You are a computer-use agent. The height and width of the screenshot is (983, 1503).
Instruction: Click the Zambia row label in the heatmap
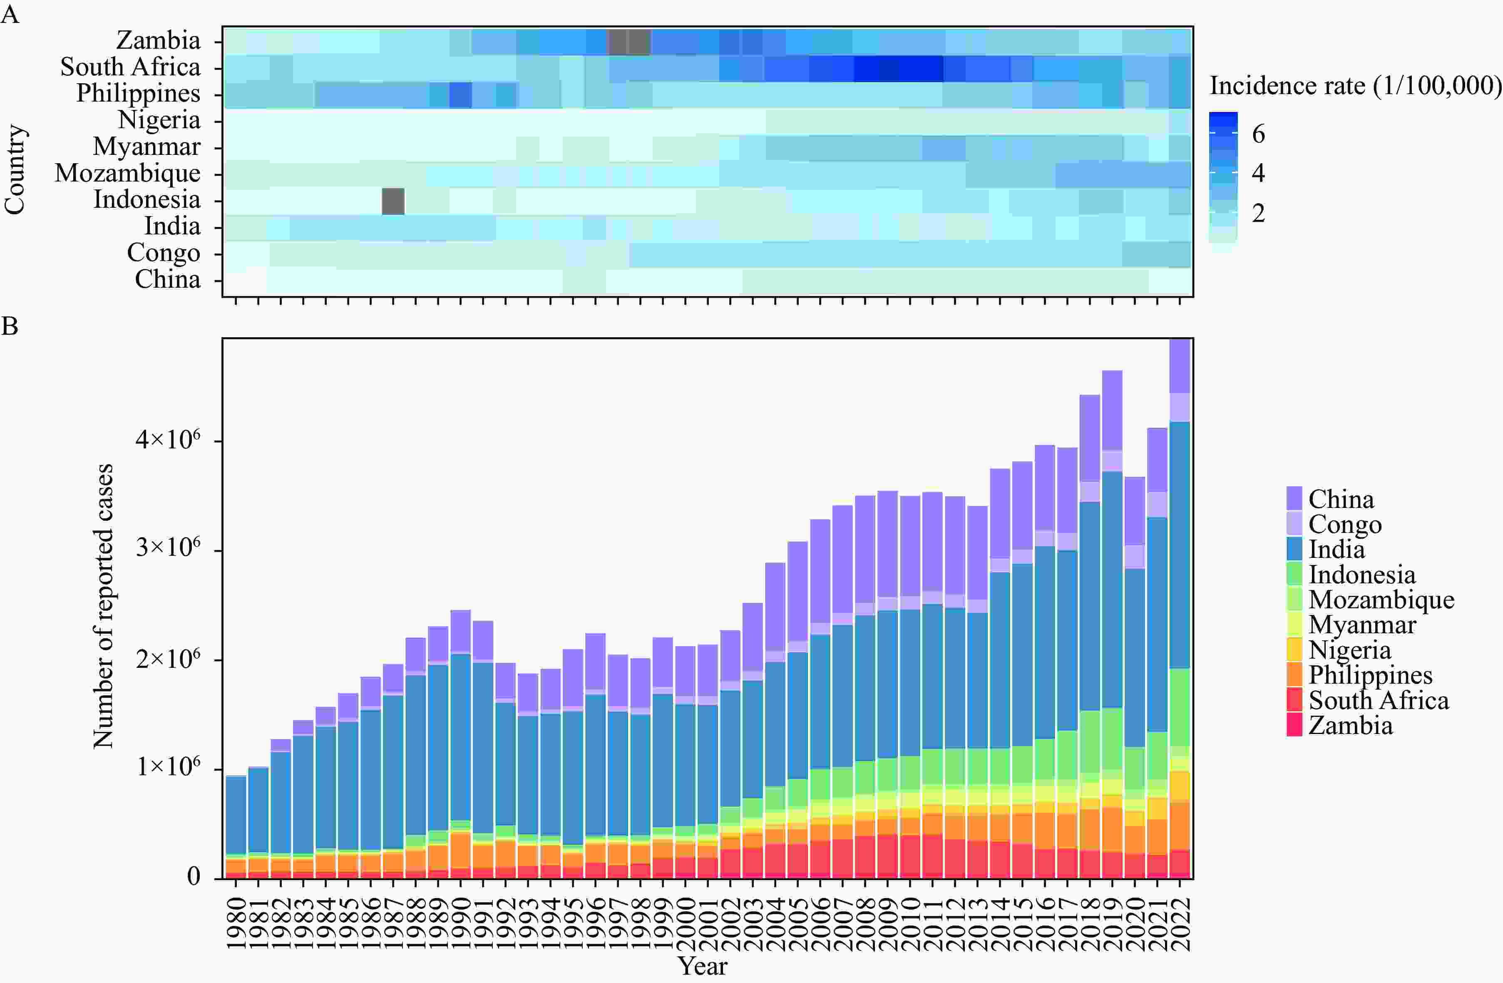[159, 40]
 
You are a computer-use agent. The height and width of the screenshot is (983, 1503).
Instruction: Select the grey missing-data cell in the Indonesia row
[393, 201]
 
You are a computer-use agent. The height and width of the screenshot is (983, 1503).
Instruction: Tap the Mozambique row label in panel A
[127, 173]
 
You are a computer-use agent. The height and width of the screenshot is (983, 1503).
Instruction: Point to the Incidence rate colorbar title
[1354, 86]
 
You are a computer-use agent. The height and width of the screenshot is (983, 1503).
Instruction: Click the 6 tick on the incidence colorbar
[1258, 134]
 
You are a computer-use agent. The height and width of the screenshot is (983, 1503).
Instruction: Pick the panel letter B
[10, 326]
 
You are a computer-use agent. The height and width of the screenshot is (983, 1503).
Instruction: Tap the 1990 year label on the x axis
[461, 923]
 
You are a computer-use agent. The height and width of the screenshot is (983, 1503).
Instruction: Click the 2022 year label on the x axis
[1180, 923]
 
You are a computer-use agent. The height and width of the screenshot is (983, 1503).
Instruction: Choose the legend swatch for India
[1294, 548]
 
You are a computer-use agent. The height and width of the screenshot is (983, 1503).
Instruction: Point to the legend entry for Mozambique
[1381, 599]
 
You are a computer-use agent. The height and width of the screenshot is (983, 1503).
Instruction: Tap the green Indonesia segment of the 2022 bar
[1180, 707]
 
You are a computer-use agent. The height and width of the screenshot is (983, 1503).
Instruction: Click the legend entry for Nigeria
[1349, 650]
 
